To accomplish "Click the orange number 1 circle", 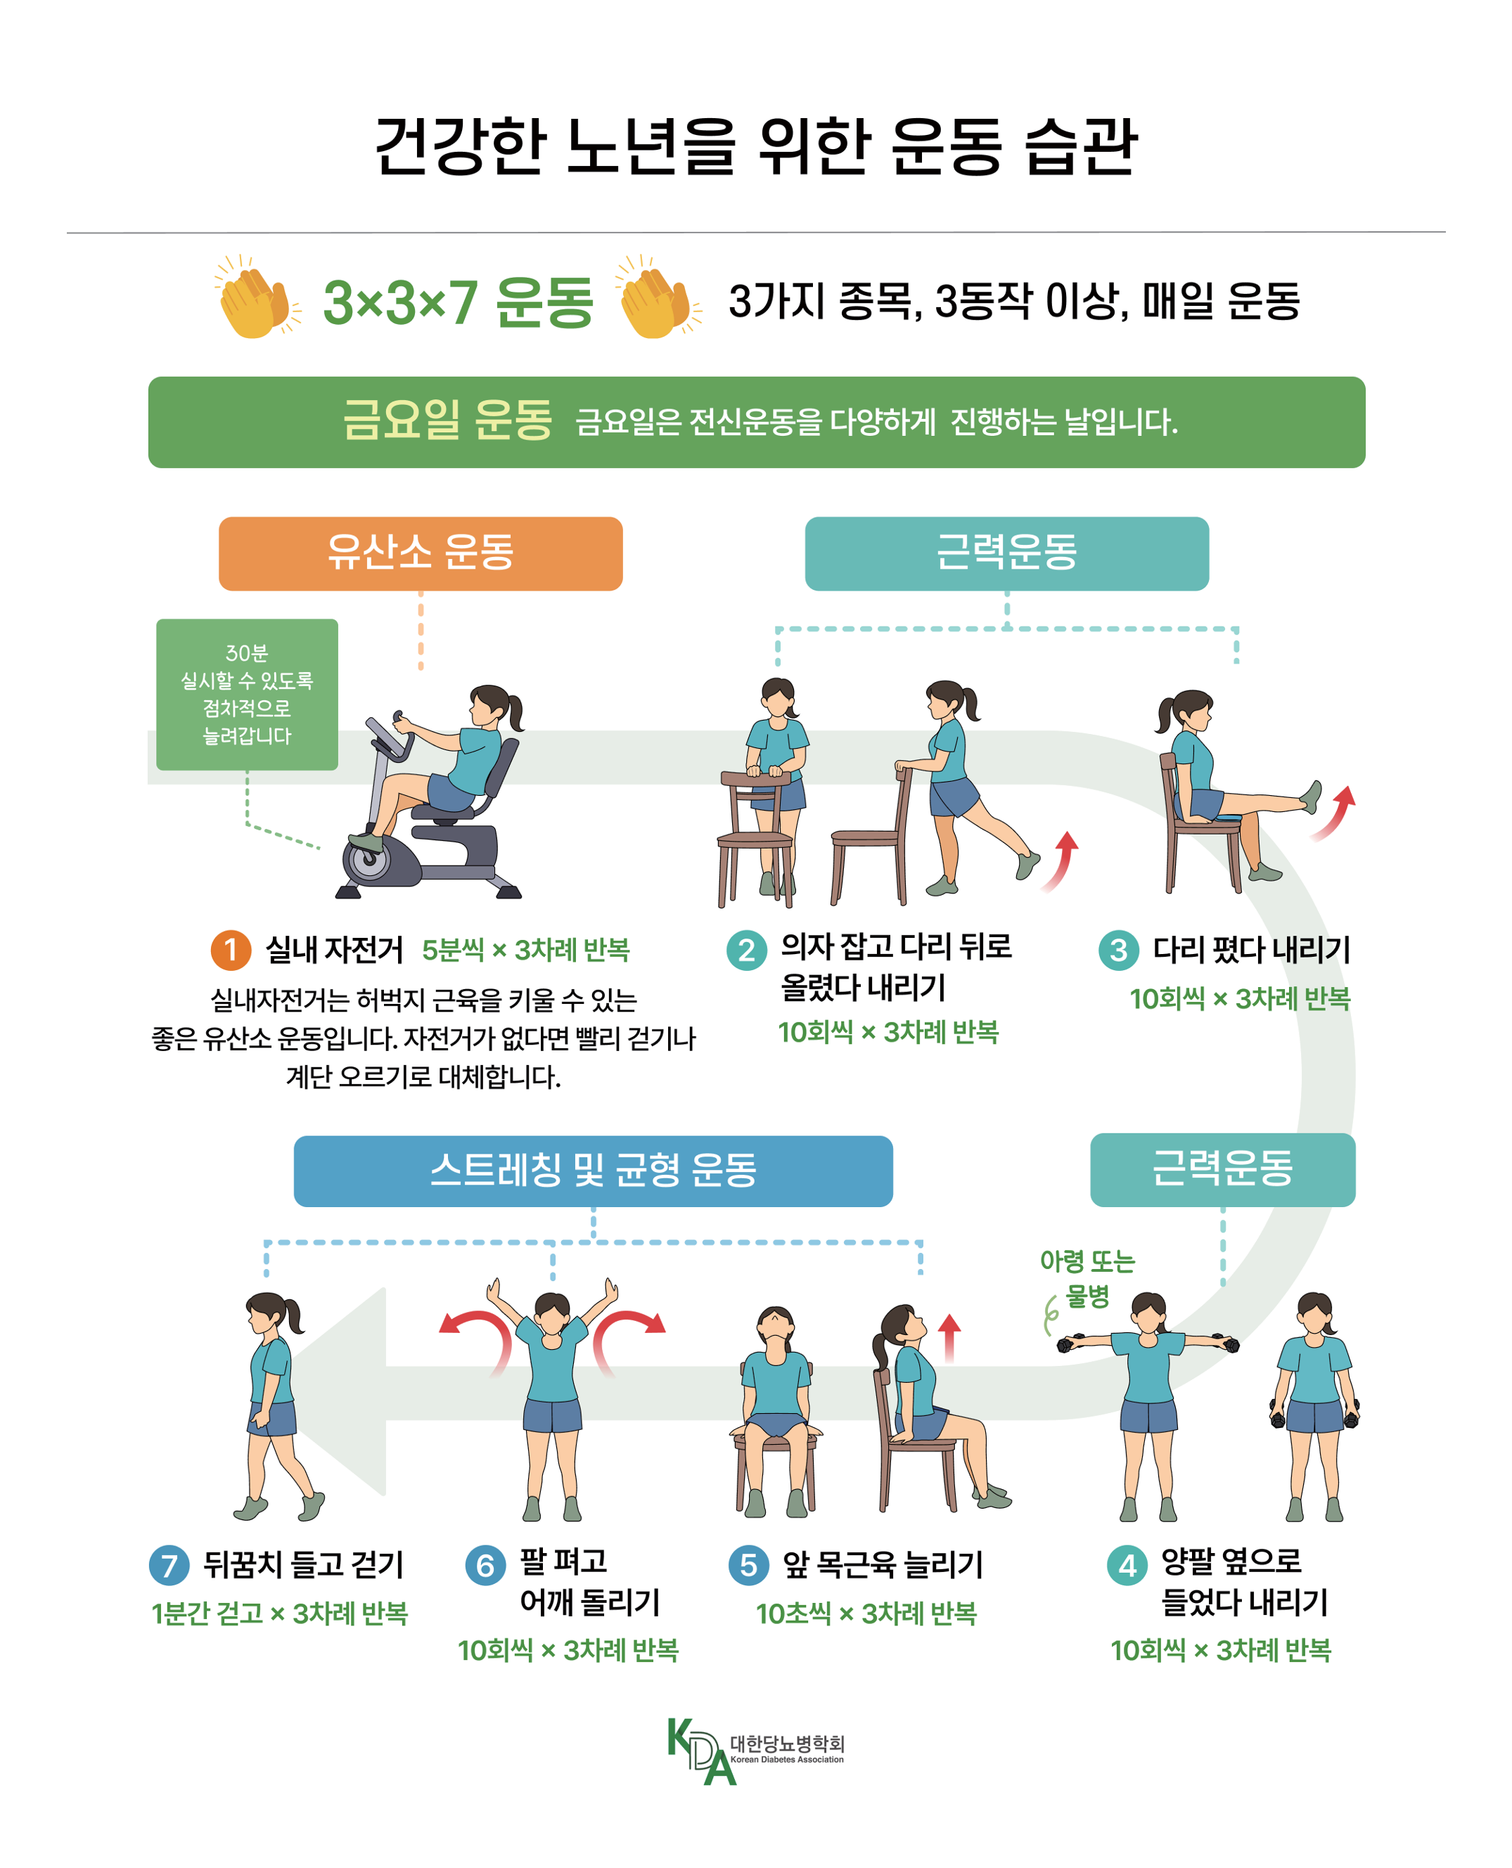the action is coord(231,949).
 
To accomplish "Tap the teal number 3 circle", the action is coord(1118,949).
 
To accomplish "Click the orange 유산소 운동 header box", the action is coord(421,554).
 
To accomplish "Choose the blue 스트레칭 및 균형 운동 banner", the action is coord(593,1171).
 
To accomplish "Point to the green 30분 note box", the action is coord(248,694).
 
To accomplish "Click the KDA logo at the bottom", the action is coord(755,1751).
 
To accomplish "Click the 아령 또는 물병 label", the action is coord(1087,1277).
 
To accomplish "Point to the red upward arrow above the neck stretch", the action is coord(949,1336).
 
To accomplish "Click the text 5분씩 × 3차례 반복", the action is coord(525,949).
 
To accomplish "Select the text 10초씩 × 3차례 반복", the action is coord(866,1613).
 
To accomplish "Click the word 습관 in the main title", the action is coord(1080,146).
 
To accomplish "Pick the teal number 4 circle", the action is coord(1127,1565).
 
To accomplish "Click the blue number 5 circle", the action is coord(748,1564).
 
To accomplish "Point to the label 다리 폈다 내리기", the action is coord(1252,949).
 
